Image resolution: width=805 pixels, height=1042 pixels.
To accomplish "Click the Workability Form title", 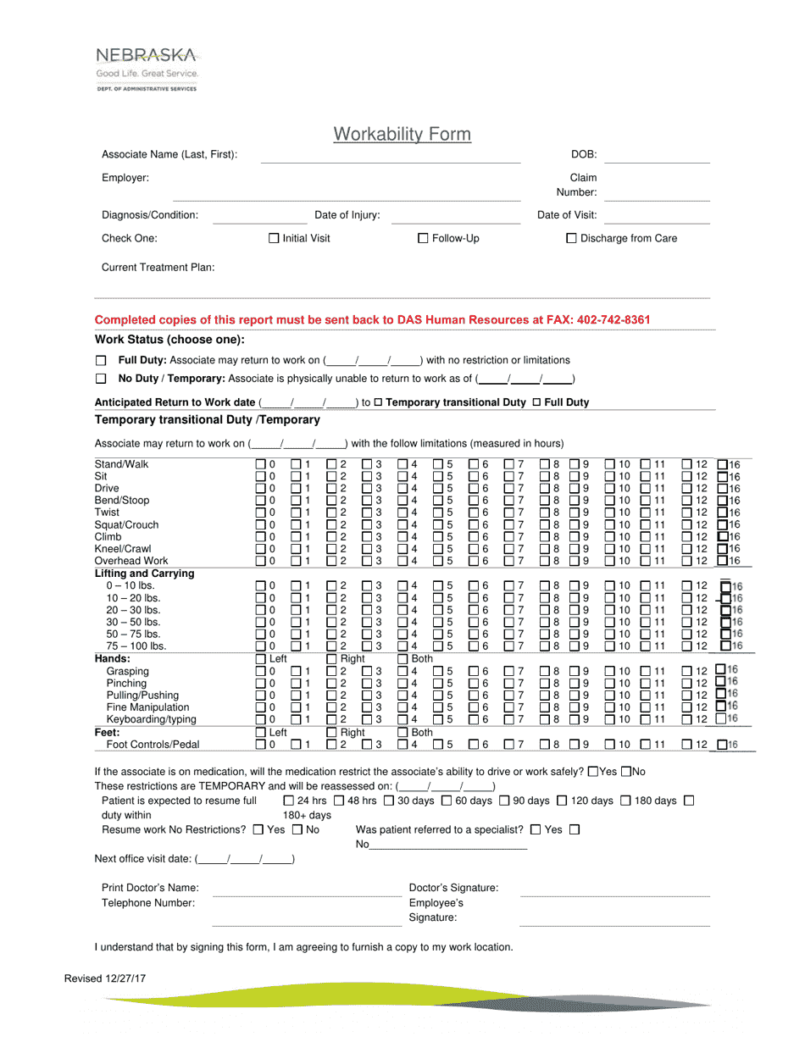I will [x=402, y=134].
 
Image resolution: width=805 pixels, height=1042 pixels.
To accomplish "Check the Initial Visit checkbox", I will [x=274, y=239].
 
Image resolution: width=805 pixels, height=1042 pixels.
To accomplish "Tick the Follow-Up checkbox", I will [x=424, y=239].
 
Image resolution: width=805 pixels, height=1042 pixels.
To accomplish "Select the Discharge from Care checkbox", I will [x=571, y=239].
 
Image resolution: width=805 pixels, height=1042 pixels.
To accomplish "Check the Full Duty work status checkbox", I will [x=101, y=361].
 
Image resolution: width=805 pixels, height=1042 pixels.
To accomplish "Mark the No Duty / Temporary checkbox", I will [x=101, y=379].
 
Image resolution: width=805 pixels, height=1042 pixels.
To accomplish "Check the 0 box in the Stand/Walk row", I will [x=261, y=464].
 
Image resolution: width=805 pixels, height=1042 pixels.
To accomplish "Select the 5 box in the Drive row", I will [x=439, y=488].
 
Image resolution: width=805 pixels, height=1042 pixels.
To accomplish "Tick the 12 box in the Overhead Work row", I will [x=688, y=560].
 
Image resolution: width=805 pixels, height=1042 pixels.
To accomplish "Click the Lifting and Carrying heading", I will [x=145, y=574].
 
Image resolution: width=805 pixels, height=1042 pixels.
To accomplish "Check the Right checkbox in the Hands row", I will [x=332, y=659].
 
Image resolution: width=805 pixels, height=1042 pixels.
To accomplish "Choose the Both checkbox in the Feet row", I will [x=403, y=732].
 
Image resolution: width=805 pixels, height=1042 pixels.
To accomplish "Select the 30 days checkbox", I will [x=389, y=801].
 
